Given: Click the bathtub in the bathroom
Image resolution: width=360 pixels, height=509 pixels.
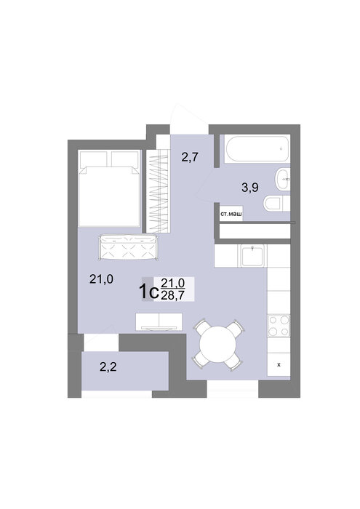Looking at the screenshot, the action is pyautogui.click(x=257, y=149).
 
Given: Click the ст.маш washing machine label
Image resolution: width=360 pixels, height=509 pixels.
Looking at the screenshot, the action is pyautogui.click(x=231, y=215).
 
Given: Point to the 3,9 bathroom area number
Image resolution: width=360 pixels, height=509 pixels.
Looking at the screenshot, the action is pyautogui.click(x=250, y=188).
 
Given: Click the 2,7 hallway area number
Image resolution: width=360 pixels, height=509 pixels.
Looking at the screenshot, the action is pyautogui.click(x=190, y=158).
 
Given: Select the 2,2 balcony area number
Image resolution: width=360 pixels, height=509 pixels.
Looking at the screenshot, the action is pyautogui.click(x=108, y=367).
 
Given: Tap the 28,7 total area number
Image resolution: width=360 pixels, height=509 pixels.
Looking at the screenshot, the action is pyautogui.click(x=172, y=294).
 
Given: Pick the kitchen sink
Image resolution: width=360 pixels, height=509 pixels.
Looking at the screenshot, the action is pyautogui.click(x=252, y=256).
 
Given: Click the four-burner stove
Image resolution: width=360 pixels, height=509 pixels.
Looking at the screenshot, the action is pyautogui.click(x=279, y=326).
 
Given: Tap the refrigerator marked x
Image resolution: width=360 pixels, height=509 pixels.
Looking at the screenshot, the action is pyautogui.click(x=279, y=364).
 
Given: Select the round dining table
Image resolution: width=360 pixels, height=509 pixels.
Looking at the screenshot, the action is pyautogui.click(x=218, y=345).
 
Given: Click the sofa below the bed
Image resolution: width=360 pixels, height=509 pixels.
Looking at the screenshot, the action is pyautogui.click(x=128, y=248).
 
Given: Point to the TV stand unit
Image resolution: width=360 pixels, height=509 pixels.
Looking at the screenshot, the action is pyautogui.click(x=159, y=321).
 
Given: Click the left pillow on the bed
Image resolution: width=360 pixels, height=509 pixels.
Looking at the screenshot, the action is pyautogui.click(x=94, y=159).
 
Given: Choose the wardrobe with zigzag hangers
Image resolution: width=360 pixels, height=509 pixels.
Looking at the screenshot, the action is pyautogui.click(x=158, y=191).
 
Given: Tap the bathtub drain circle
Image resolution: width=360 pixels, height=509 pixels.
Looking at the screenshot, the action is pyautogui.click(x=281, y=149).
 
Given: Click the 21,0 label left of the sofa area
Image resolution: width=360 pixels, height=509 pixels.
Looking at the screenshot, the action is pyautogui.click(x=101, y=279).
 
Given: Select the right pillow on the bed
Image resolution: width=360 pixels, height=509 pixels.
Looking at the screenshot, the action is pyautogui.click(x=125, y=159).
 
